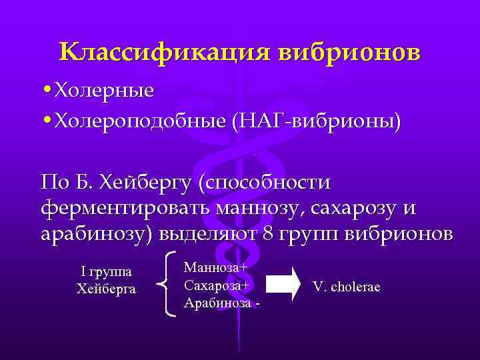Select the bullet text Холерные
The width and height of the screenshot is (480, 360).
pos(104,90)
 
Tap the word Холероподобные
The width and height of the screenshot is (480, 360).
pos(141,121)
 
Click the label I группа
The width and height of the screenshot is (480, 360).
pos(106,272)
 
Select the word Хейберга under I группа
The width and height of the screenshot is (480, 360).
pos(106,289)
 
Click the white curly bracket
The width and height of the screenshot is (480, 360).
pos(169,284)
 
